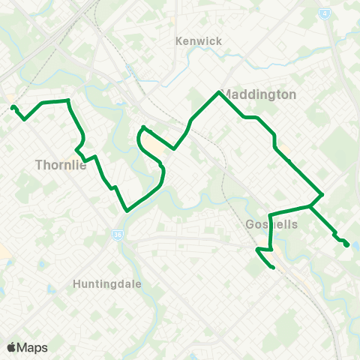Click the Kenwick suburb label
coord(198,41)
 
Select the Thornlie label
coord(61,166)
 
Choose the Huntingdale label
coord(107,284)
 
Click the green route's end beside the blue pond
coord(346,244)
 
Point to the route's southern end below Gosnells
coord(273,267)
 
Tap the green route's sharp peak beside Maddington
coord(218,92)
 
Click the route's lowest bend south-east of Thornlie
coord(127,211)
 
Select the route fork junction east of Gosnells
coord(310,205)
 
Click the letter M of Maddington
coord(229,95)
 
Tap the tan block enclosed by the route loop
coord(154,143)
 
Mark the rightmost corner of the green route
coord(322,194)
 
